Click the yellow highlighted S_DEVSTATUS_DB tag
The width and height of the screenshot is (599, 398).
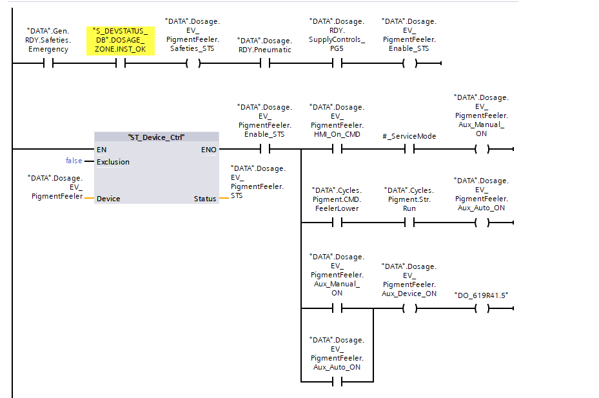click(121, 40)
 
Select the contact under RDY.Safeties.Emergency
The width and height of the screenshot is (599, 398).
click(48, 64)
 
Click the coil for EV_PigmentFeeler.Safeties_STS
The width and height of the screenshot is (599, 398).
click(193, 64)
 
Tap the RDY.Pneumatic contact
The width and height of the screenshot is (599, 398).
click(264, 64)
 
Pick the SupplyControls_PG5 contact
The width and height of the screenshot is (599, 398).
click(337, 64)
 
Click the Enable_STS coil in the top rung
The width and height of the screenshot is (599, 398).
click(409, 64)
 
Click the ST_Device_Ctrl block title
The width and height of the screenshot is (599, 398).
click(157, 137)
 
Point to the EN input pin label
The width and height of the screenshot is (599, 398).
click(101, 149)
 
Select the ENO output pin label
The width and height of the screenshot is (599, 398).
click(208, 149)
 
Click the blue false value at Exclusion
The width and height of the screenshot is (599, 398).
click(74, 161)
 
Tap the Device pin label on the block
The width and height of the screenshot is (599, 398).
click(108, 199)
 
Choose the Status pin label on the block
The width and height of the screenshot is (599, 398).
click(205, 199)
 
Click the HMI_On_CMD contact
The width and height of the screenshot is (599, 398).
click(337, 149)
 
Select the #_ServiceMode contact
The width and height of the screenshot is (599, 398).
click(409, 149)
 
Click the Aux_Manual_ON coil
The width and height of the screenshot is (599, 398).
click(481, 149)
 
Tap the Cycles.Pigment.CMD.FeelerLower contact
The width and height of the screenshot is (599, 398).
click(337, 223)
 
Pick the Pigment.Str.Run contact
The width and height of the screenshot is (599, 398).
click(409, 223)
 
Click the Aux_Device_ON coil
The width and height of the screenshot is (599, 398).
click(409, 308)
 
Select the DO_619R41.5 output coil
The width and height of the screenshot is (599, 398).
click(481, 308)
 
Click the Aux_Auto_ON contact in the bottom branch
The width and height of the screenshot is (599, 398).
click(337, 381)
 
